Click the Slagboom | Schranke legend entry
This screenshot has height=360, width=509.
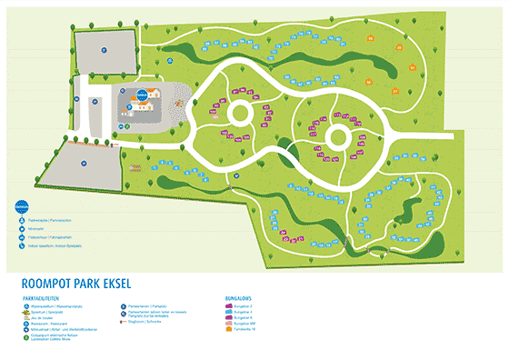click(145, 322)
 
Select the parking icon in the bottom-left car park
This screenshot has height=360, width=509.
click(81, 164)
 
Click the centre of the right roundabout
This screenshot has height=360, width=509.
click(336, 137)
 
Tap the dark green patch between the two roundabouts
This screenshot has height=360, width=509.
click(289, 148)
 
